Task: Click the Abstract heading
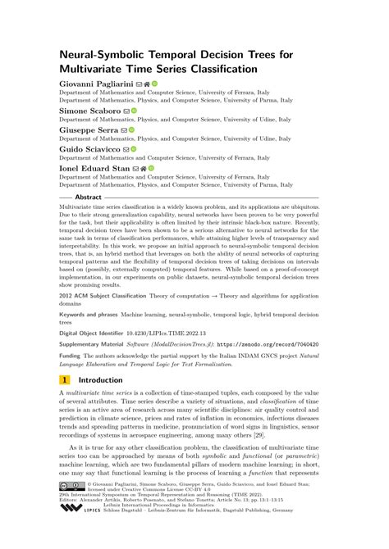[x=89, y=198]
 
